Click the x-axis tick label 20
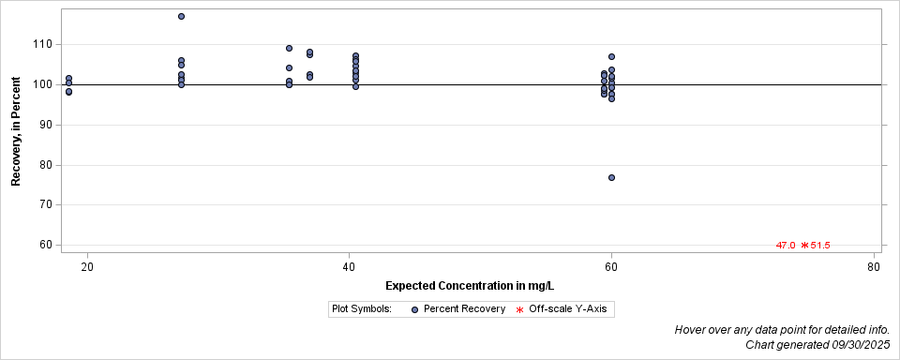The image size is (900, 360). (x=87, y=267)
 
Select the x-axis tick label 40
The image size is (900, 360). (x=349, y=267)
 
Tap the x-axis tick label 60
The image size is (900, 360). (x=611, y=267)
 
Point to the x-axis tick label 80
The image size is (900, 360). (x=874, y=267)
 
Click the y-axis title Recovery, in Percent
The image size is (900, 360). (x=16, y=131)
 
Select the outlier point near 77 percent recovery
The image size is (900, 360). (x=611, y=177)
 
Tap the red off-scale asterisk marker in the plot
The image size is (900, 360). (x=803, y=246)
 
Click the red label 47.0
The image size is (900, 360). (x=786, y=246)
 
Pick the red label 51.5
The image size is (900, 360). (x=820, y=246)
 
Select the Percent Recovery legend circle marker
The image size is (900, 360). (x=414, y=309)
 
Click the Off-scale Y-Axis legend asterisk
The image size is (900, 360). (x=519, y=309)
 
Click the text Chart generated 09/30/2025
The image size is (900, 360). (x=817, y=345)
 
